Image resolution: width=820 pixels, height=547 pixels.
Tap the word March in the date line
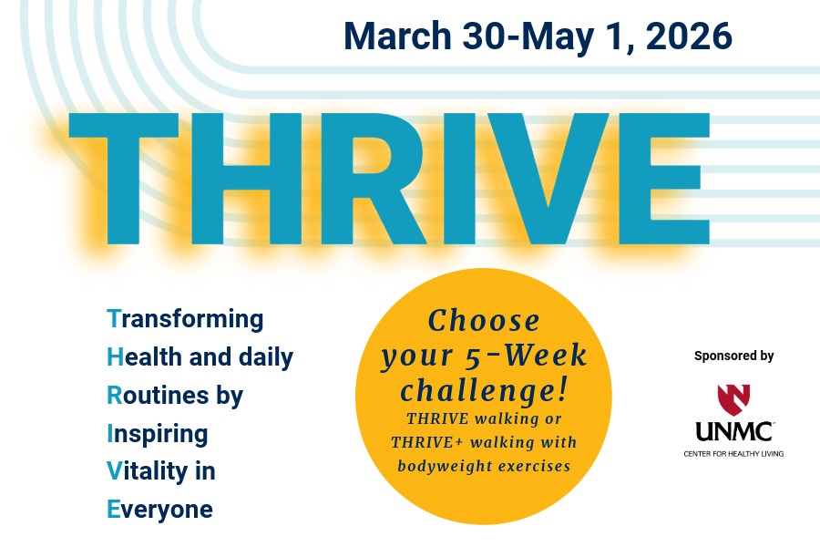[397, 36]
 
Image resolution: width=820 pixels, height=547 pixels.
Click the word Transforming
[185, 320]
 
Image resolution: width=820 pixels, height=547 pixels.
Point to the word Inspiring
[157, 434]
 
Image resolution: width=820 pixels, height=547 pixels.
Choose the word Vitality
[149, 471]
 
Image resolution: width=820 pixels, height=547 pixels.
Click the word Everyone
[159, 509]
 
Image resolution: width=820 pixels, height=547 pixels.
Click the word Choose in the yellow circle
[484, 321]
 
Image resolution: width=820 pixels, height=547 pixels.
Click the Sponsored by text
[733, 356]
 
